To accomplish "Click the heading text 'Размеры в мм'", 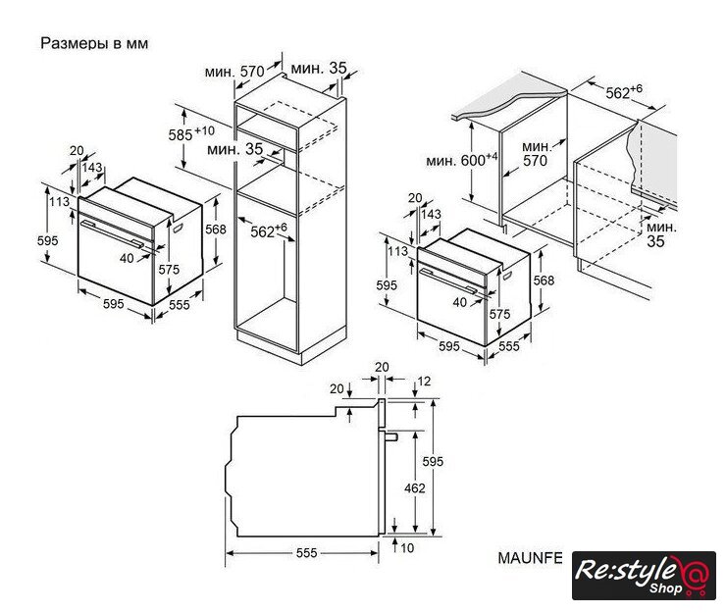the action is (94, 43).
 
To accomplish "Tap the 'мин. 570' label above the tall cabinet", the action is (234, 72).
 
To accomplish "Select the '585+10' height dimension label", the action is (191, 133).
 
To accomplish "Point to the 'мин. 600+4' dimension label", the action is (462, 160).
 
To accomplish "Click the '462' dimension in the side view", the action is (414, 488).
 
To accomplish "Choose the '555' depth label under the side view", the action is (306, 553).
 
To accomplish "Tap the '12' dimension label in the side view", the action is (424, 382).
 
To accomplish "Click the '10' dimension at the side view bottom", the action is (407, 548).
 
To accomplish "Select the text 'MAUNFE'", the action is (530, 558).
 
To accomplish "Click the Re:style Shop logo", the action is (644, 576).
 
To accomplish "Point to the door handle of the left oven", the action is (112, 233).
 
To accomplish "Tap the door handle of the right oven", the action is (447, 281).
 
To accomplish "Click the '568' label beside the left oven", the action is (216, 230).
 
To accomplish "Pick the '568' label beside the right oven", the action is (544, 281).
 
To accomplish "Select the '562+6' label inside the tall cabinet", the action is (269, 230).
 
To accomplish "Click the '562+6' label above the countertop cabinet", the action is (624, 91).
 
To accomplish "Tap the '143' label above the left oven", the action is (92, 167).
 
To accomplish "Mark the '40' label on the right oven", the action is (459, 302).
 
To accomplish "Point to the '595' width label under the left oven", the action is (114, 304).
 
